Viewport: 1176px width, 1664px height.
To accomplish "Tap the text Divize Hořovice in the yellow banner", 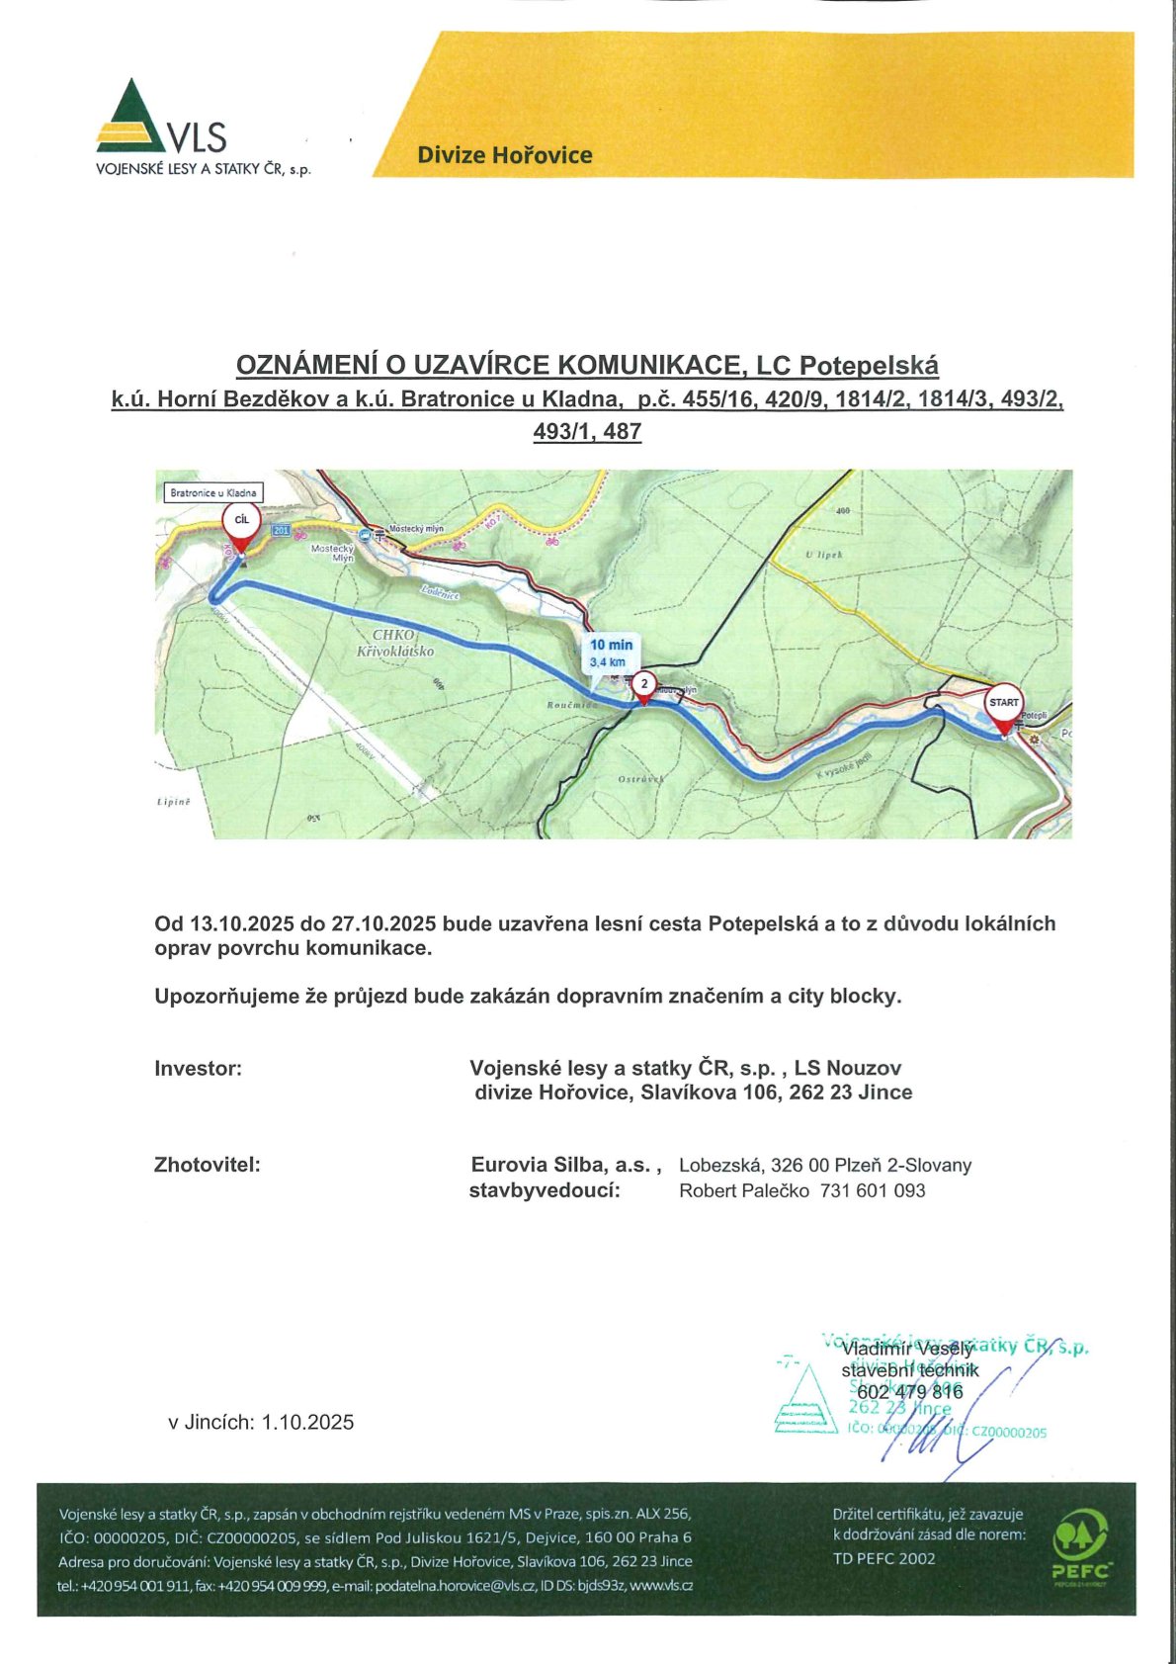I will [504, 155].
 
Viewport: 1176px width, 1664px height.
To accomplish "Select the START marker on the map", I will [1004, 706].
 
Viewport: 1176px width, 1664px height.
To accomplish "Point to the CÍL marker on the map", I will [242, 523].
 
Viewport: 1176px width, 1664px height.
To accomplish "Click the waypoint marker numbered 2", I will [644, 684].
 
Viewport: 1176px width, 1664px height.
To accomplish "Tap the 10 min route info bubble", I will [611, 653].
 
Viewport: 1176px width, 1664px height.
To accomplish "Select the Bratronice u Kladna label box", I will [213, 492].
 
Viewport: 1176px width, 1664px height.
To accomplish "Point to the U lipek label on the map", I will [823, 555].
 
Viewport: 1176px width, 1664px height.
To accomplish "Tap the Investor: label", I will [198, 1069].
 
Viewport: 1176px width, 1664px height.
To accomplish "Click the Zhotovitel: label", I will [207, 1165].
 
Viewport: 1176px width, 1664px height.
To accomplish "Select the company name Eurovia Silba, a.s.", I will [564, 1165].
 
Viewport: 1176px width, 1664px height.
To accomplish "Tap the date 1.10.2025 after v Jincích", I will [307, 1423].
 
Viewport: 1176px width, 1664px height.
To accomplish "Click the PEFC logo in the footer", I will [1081, 1547].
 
